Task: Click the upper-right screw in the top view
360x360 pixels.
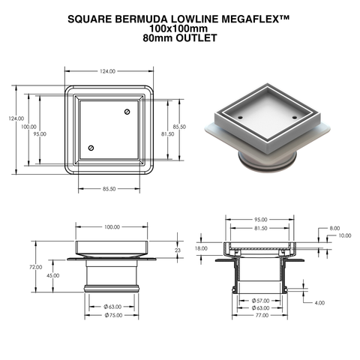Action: (127, 112)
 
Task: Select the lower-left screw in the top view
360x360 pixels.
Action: (91, 148)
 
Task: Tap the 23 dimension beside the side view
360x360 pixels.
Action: (177, 250)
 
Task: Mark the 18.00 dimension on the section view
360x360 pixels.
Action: (201, 248)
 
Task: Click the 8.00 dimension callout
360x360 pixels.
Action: (334, 228)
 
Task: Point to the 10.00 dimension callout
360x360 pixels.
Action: (344, 235)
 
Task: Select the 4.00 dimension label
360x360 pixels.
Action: (320, 303)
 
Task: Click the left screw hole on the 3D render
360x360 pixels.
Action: (240, 118)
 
